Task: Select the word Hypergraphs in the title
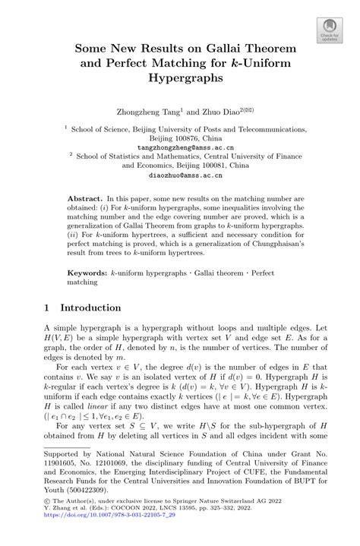(x=180, y=77)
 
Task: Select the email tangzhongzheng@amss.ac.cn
(x=179, y=147)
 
